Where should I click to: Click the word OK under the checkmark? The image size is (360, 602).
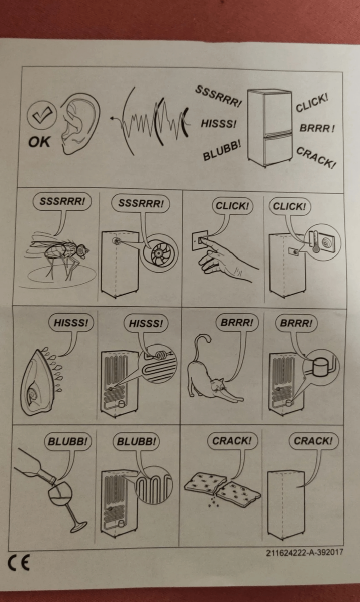coord(39,142)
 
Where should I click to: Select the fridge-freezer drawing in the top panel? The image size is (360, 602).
coord(270,127)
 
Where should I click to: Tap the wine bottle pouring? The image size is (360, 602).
coord(35,465)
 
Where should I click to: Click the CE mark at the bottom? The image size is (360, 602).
coord(19,563)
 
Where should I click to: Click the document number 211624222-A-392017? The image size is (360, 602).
coord(305,553)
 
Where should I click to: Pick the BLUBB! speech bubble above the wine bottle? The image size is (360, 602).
coord(68,441)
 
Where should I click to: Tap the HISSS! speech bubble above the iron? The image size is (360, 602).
coord(71,323)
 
